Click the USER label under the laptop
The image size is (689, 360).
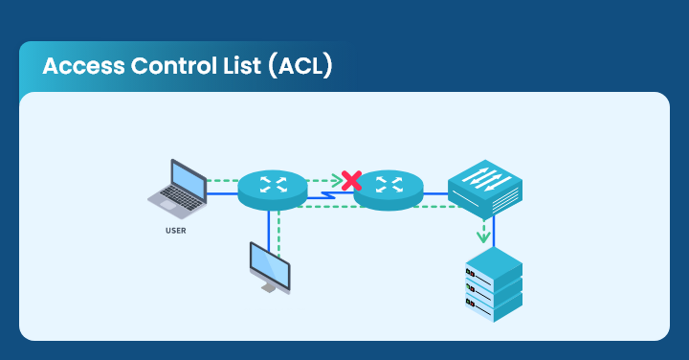[x=175, y=231]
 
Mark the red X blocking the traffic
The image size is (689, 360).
[x=351, y=179]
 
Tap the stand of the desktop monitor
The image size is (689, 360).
[x=271, y=286]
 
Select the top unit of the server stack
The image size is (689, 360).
[x=493, y=266]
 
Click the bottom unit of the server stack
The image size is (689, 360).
[x=493, y=306]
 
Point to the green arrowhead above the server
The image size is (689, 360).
[x=483, y=236]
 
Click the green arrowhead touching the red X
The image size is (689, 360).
[x=337, y=179]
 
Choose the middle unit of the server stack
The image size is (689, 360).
[x=493, y=286]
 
